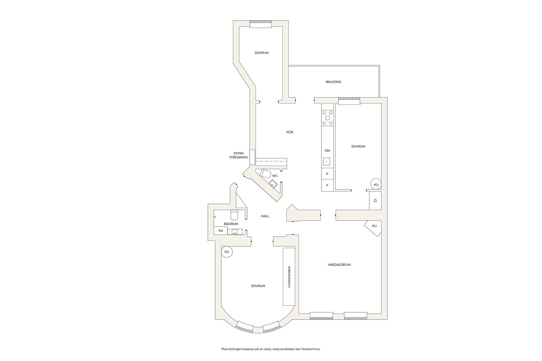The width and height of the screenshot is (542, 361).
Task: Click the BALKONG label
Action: (333, 82)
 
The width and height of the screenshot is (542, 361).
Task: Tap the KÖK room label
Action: (290, 132)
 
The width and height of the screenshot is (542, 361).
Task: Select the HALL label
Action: (265, 216)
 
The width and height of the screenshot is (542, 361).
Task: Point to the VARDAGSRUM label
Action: (339, 265)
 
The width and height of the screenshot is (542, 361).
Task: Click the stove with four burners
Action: (327, 118)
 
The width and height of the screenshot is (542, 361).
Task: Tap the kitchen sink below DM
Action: (327, 162)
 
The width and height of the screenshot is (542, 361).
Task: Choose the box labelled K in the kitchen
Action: (327, 174)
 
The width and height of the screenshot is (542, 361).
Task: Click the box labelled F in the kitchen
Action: (327, 186)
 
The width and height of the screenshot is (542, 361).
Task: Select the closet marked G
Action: (375, 201)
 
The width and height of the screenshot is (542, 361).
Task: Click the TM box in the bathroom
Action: (221, 231)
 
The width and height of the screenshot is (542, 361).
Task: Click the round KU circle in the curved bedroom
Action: (227, 252)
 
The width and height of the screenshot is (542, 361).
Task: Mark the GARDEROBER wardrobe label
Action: (289, 277)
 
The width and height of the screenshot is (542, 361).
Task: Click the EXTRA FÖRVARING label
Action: (239, 155)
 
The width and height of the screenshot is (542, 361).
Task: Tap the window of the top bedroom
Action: (260, 24)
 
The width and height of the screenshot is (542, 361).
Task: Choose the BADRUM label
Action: (231, 224)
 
